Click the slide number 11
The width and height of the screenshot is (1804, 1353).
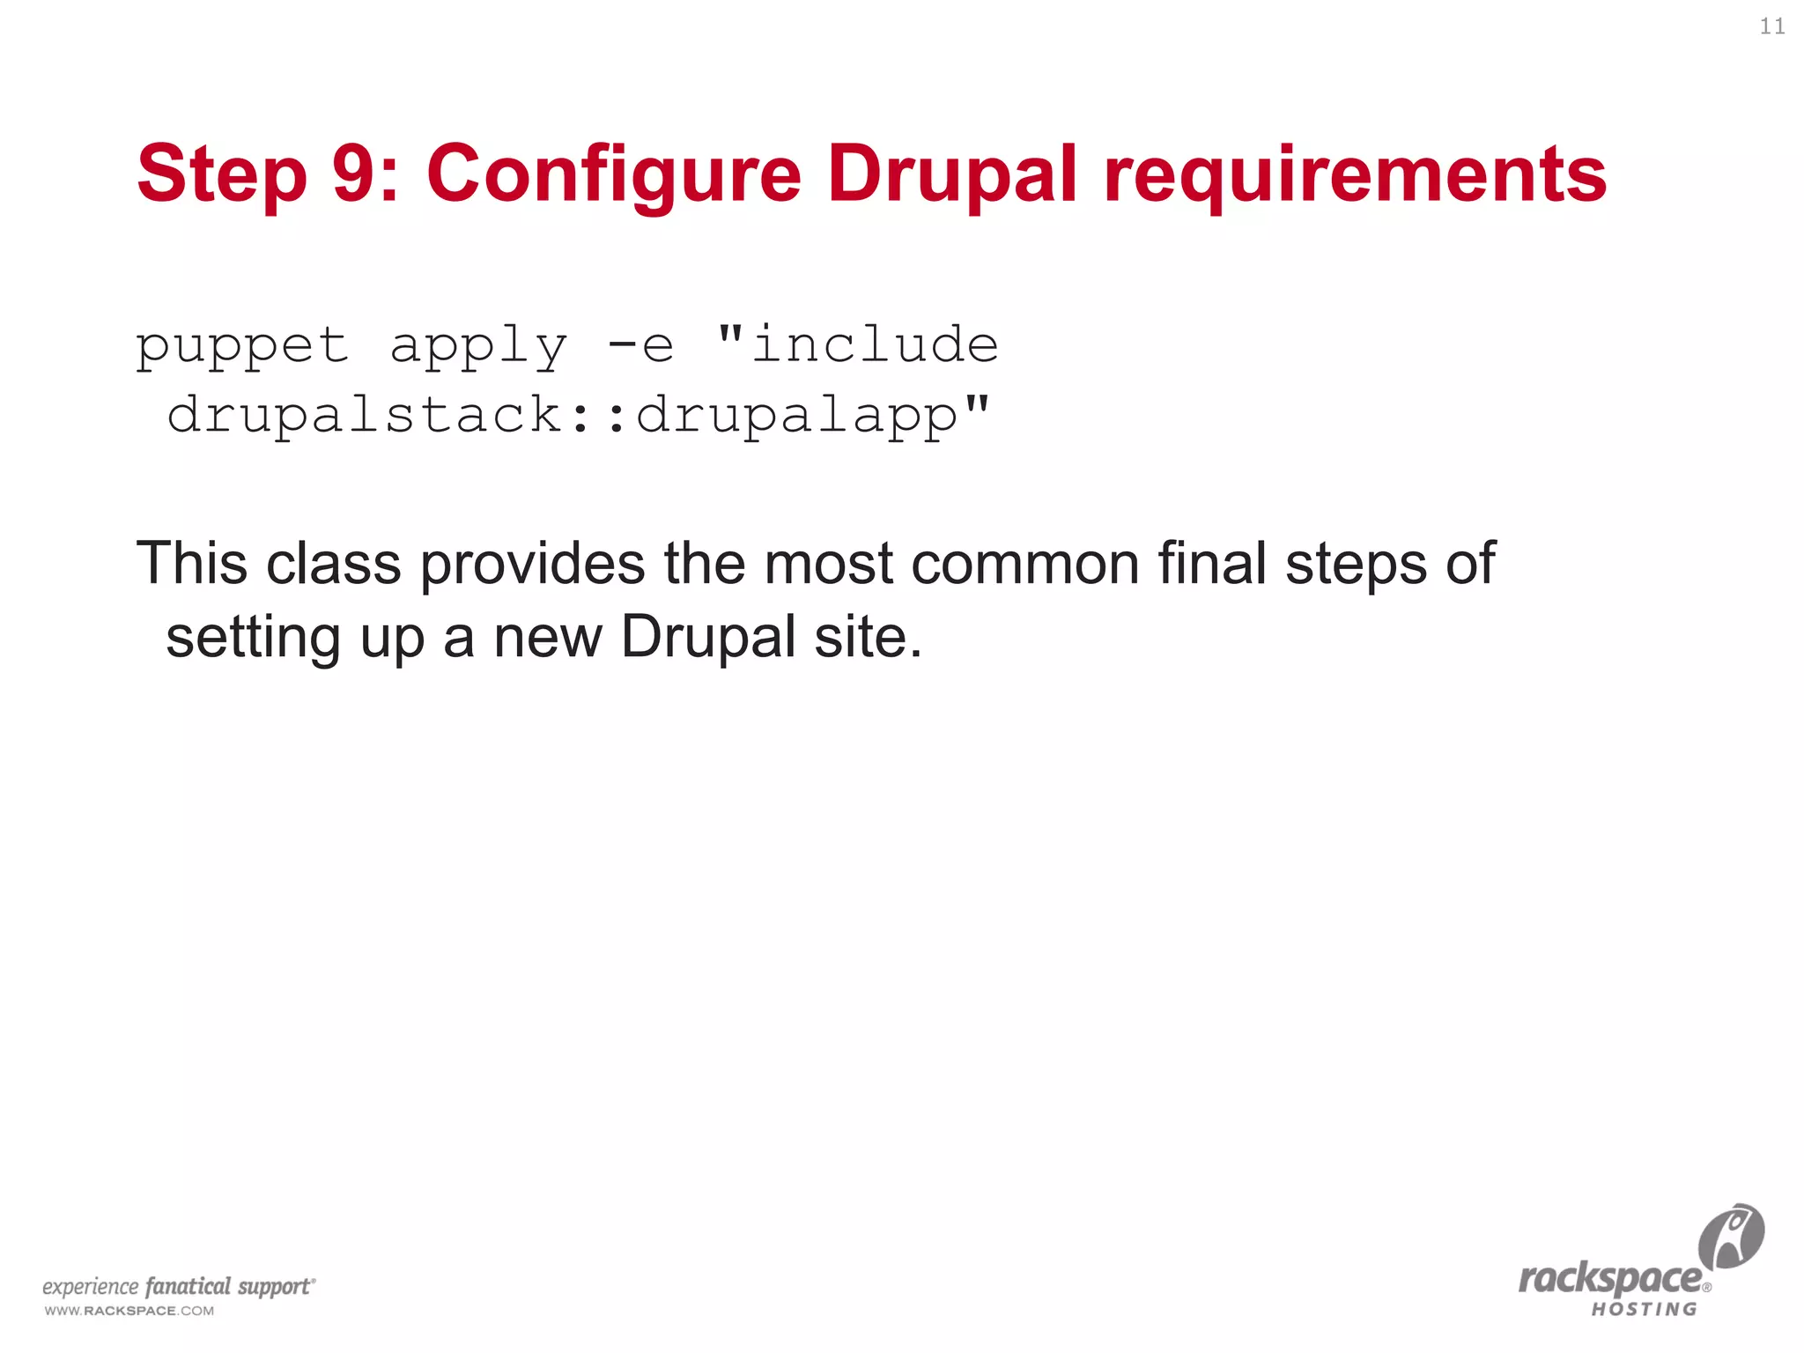click(1772, 27)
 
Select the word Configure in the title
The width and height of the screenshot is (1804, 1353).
click(614, 174)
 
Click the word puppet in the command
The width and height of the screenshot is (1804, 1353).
click(242, 345)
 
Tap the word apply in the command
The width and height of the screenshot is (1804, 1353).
click(478, 345)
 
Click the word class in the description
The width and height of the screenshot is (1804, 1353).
click(333, 563)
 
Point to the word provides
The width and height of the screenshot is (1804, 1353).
click(532, 563)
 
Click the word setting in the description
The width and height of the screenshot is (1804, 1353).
click(253, 637)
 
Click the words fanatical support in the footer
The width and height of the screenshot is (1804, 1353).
click(228, 1286)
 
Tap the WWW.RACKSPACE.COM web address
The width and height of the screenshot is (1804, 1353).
click(129, 1311)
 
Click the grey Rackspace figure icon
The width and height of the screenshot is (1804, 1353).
click(1731, 1236)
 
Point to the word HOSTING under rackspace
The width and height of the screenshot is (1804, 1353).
click(1644, 1310)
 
